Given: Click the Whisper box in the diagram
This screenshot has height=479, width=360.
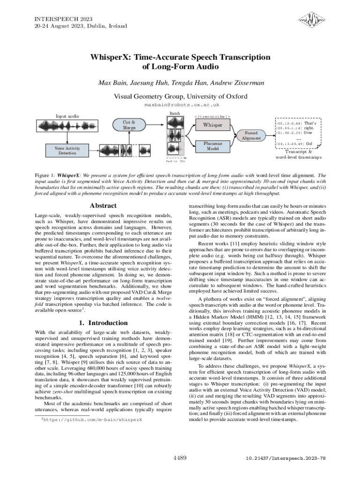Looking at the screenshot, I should (x=212, y=126).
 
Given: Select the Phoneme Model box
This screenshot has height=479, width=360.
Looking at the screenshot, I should (x=212, y=145).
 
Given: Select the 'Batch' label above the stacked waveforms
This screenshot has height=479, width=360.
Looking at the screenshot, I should (x=174, y=114).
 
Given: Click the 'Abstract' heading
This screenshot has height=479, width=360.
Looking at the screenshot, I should (x=103, y=206).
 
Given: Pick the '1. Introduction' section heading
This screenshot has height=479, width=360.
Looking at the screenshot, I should (x=103, y=323).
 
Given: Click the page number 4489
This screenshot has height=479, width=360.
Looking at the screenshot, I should (x=180, y=457).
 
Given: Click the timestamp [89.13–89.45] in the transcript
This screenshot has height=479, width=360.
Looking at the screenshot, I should (x=291, y=144).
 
